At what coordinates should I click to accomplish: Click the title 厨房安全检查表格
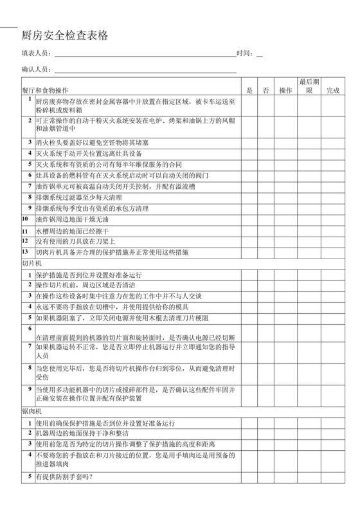click(65, 36)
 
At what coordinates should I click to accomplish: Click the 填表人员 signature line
click(145, 57)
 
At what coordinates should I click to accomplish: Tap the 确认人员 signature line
click(145, 73)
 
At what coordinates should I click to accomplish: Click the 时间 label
click(245, 53)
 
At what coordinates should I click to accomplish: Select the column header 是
click(249, 90)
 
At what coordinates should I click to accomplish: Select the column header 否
click(267, 90)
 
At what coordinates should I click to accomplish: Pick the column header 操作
click(285, 90)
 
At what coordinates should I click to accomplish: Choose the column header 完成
click(332, 90)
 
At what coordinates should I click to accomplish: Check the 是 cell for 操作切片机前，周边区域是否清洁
click(249, 284)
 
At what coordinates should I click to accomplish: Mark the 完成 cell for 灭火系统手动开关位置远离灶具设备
click(332, 154)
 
